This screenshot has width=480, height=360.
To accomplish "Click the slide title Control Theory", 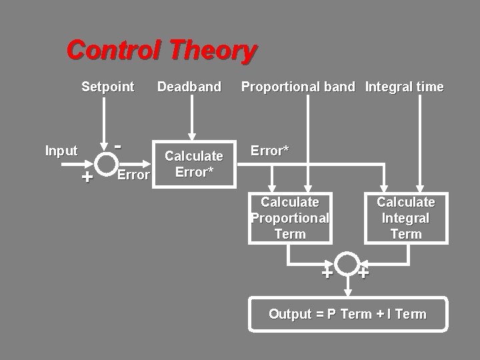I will tap(161, 50).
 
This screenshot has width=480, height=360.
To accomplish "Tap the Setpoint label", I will tap(107, 87).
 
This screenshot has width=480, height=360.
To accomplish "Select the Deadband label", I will tap(189, 87).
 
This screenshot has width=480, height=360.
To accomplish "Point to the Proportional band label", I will tap(298, 87).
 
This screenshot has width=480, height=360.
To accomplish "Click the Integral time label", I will tap(404, 87).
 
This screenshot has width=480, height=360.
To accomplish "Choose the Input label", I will tap(61, 151).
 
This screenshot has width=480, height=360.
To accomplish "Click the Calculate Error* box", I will tap(193, 164).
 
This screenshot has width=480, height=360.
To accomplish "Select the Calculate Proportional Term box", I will tap(290, 218).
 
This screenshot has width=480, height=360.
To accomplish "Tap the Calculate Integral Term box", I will tap(406, 218).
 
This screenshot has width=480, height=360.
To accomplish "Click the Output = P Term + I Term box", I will tap(347, 314).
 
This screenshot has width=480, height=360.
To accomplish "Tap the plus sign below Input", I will tap(86, 177).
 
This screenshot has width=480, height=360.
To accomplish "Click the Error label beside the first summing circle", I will tap(133, 175).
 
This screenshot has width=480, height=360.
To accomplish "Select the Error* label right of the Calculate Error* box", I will tap(269, 151).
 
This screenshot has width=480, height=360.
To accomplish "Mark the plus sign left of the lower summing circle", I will tap(327, 273).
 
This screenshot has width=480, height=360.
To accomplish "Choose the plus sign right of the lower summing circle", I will tap(364, 272).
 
